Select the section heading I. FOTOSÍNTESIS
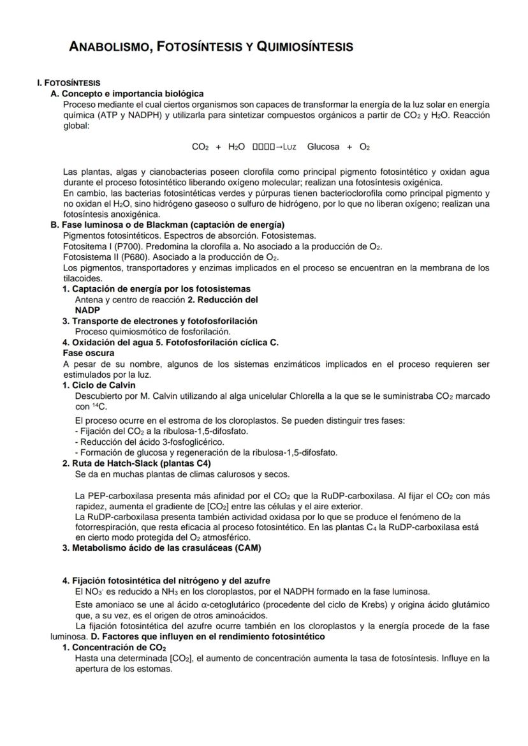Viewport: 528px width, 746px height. coord(68,84)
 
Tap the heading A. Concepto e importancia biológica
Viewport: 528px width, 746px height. coord(127,94)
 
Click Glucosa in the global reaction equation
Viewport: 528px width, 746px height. coord(323,147)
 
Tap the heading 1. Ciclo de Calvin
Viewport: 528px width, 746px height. coord(99,385)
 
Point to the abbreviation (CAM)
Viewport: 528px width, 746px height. coord(249,548)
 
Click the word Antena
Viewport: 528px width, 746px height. coord(89,299)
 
